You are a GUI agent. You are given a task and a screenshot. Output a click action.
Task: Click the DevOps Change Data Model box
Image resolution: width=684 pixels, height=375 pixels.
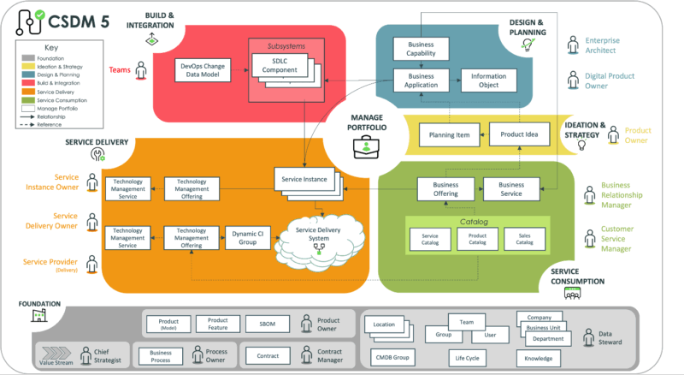[200, 69]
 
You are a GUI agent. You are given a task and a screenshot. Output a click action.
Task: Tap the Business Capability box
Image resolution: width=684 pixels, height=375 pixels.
[420, 48]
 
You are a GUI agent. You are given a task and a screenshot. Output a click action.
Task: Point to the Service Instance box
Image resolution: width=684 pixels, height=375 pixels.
[304, 178]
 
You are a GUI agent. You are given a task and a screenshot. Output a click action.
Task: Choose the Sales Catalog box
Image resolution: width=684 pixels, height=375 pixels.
[524, 239]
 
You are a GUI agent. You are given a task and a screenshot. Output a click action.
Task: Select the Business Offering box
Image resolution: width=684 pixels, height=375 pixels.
[445, 188]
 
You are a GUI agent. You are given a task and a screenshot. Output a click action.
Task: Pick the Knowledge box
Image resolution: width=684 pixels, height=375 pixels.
[539, 358]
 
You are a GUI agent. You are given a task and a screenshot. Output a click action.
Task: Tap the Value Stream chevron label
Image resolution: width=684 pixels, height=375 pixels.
[56, 360]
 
